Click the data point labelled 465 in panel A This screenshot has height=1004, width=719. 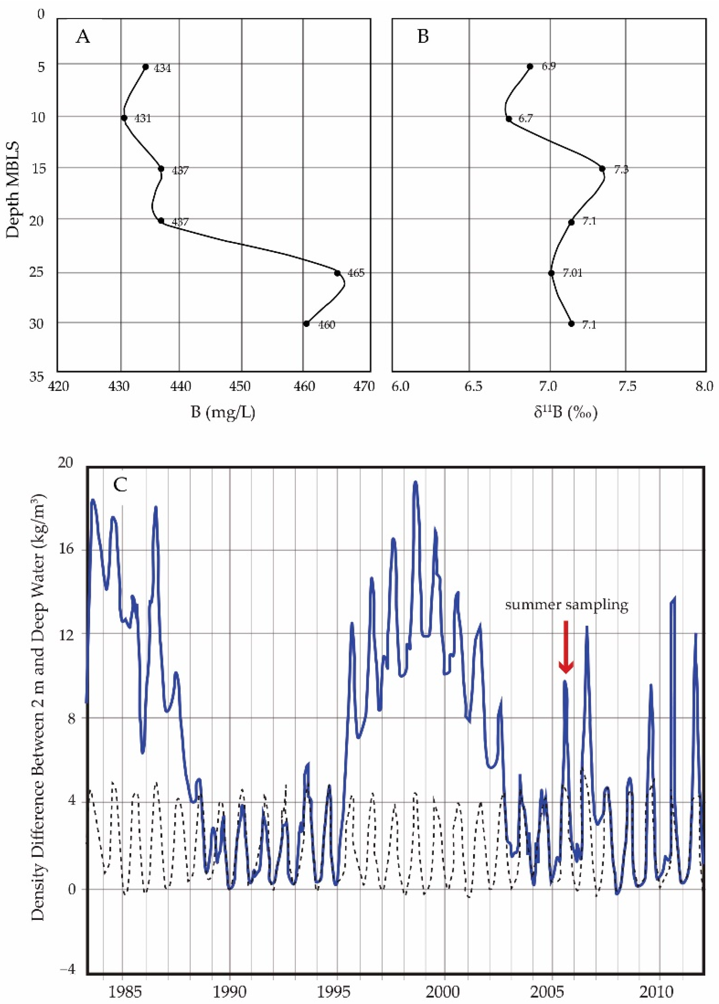coord(337,273)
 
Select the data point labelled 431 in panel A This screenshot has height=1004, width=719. coord(124,118)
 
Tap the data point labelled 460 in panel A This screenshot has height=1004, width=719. coord(306,324)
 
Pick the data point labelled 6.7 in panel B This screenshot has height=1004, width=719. coord(509,119)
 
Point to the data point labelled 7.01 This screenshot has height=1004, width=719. coord(551,273)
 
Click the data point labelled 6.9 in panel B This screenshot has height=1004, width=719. coord(530,66)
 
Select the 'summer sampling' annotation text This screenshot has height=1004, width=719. coord(566,605)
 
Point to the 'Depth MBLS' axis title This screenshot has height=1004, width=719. coord(14,190)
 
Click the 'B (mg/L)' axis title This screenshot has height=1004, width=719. coord(223,413)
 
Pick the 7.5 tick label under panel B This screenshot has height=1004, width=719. coord(627,387)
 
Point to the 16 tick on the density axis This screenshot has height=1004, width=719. coord(66,550)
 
